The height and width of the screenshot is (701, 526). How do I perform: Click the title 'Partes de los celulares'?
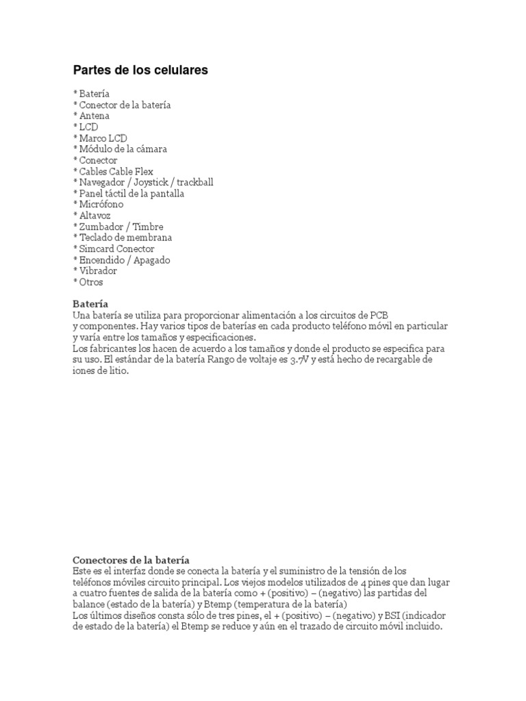(x=140, y=71)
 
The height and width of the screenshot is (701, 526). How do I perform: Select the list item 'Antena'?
(x=94, y=116)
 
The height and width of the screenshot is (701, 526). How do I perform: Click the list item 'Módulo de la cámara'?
(x=123, y=149)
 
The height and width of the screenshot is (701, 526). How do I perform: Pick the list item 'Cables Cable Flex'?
(x=116, y=171)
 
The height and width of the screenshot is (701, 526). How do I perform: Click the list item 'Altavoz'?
(x=95, y=215)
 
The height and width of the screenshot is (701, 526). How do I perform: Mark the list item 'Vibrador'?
(x=98, y=271)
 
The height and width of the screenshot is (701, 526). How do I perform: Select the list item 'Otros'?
(x=90, y=282)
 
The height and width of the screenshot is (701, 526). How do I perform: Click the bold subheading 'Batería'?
(x=90, y=304)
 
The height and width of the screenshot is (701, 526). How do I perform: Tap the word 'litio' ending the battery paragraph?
(x=116, y=371)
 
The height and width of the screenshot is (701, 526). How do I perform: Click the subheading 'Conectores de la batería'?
(x=131, y=560)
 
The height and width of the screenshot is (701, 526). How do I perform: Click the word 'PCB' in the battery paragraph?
(x=379, y=316)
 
